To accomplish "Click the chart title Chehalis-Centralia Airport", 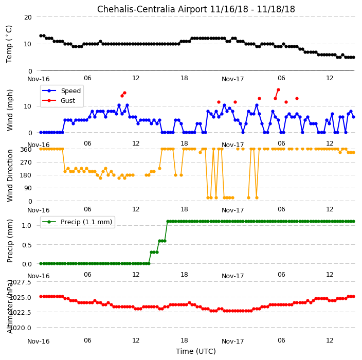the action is [x=152, y=9].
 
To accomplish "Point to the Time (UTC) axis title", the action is [x=196, y=351].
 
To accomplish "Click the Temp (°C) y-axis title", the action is [x=9, y=44].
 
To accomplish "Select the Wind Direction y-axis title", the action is [x=10, y=175].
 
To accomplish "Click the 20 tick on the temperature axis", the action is [x=28, y=17].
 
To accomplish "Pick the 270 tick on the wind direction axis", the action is [x=26, y=163].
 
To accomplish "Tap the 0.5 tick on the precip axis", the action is [x=27, y=245].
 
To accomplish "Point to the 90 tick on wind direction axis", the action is [x=28, y=188].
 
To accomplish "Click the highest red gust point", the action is [x=278, y=90].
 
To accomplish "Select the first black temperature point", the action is [x=41, y=36].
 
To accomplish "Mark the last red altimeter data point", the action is [x=353, y=297].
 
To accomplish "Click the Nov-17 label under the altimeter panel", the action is [x=233, y=341].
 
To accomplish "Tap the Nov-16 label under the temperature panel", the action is [x=39, y=79].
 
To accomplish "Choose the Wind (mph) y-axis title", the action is [x=10, y=110].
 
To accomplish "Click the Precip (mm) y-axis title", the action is [x=10, y=241].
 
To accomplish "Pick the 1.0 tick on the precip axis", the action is [x=27, y=226].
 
